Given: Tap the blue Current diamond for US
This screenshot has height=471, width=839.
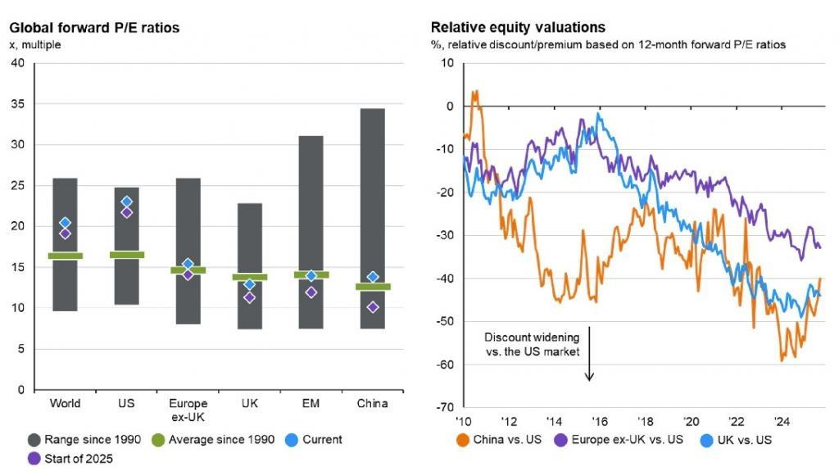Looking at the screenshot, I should (x=126, y=202).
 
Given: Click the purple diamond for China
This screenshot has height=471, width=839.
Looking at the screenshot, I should (x=372, y=307).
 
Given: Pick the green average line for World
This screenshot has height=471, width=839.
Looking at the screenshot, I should (x=66, y=256).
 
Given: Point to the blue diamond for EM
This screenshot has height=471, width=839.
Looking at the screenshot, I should (x=311, y=276).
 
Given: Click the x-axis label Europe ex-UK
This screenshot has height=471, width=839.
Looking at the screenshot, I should (x=188, y=409).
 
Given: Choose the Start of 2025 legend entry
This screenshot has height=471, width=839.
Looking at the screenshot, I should (x=71, y=458).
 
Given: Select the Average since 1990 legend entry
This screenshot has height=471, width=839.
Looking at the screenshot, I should (x=220, y=439).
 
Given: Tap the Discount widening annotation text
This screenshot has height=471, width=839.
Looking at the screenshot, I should (x=532, y=344).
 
